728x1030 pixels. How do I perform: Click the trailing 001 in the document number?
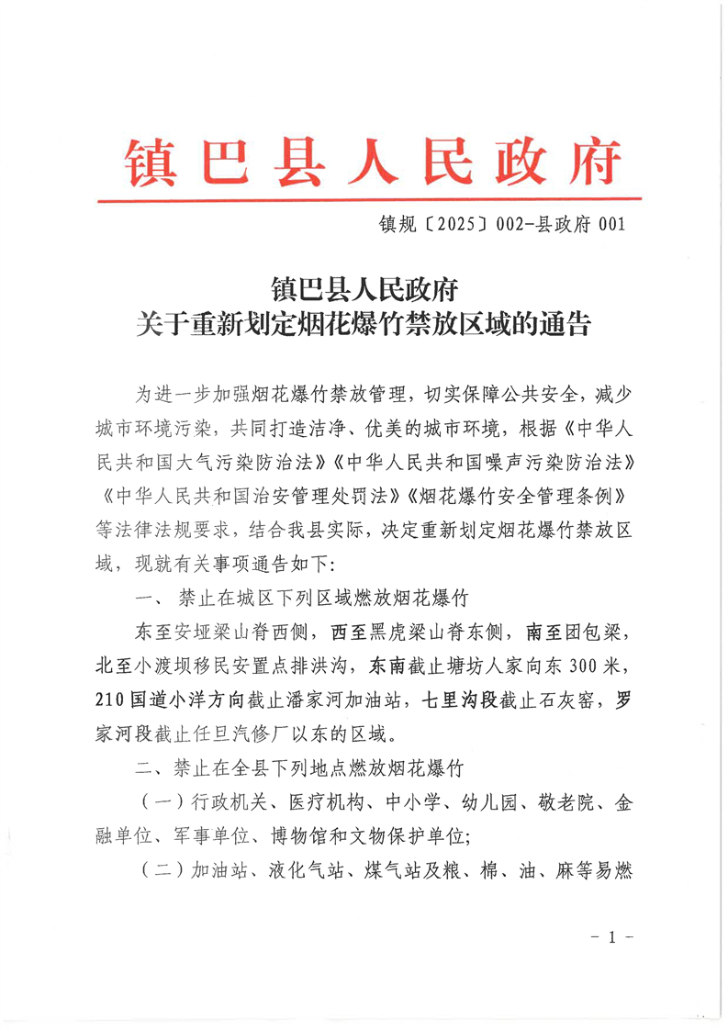(x=610, y=223)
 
